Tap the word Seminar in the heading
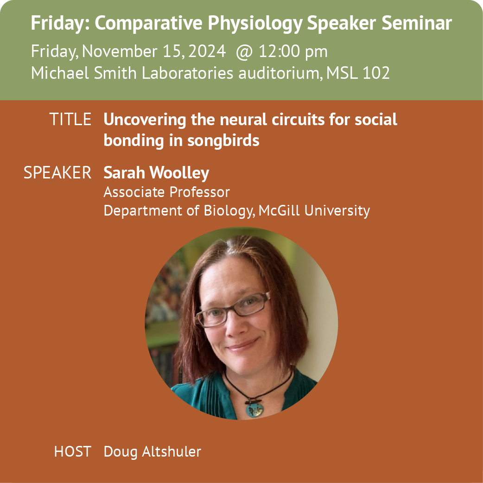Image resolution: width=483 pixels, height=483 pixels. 417,23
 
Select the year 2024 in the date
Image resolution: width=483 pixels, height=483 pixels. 207,51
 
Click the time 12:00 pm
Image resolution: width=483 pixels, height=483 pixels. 293,51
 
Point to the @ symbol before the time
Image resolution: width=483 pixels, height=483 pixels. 244,52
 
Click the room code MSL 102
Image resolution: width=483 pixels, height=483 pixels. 358,73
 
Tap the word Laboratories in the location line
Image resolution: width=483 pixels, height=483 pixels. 187,73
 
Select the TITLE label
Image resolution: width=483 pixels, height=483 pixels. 70,119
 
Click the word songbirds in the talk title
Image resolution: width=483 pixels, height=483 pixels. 223,141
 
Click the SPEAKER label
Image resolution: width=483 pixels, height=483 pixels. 57,172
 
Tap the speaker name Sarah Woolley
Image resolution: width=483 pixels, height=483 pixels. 156,173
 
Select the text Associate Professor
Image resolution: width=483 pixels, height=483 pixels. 167,192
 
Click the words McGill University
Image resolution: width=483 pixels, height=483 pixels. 314,211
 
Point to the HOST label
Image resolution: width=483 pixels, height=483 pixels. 73,451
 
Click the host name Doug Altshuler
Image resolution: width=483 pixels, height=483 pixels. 153,452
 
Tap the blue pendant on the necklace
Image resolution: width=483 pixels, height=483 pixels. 254,410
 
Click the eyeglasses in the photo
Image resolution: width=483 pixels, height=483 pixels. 233,309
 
